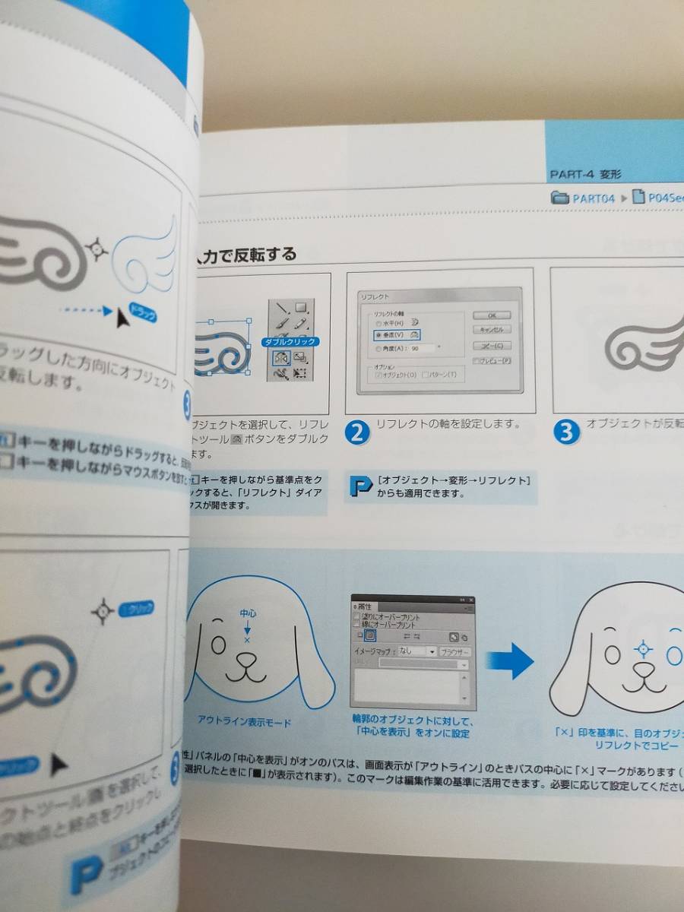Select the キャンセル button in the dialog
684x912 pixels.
(x=491, y=330)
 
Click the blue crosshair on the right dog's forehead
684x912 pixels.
(x=643, y=648)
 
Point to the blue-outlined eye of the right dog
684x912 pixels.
(x=673, y=654)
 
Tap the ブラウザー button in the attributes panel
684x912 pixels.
(x=455, y=651)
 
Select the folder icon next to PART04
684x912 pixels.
(x=561, y=198)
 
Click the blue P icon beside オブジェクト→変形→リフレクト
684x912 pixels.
(x=359, y=486)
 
